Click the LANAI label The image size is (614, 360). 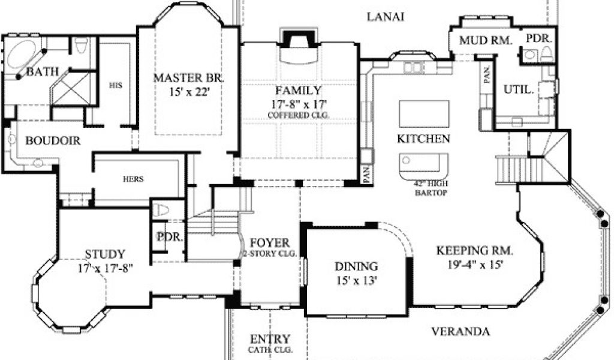pos(386,17)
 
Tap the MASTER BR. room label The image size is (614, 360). pos(189,77)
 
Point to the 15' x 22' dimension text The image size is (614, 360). pos(189,92)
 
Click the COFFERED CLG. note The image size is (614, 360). pos(299,115)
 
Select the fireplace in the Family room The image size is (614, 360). pos(299,46)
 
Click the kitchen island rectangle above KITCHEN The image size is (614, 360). pos(424,113)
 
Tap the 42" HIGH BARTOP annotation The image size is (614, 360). pos(431,188)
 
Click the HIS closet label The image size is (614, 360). pos(116,85)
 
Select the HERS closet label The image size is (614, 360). pos(133,179)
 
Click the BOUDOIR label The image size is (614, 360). pos(53,140)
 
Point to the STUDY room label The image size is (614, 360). pos(105,254)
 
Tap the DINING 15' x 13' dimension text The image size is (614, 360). pos(356,280)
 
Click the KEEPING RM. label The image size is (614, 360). pos(475,250)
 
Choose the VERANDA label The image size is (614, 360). pos(460,332)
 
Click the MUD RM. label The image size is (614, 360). pos(486,40)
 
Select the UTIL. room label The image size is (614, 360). pos(519,90)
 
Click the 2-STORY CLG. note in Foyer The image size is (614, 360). pos(270,253)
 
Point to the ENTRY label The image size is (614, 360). pos(270,339)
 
